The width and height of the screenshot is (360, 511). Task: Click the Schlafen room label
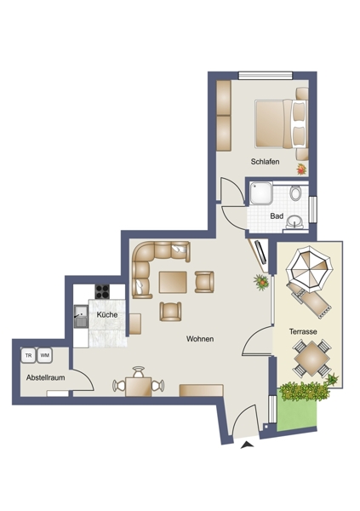pyautogui.click(x=265, y=161)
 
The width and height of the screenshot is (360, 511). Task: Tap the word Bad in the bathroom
pyautogui.click(x=277, y=216)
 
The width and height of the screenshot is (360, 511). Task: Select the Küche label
pyautogui.click(x=107, y=315)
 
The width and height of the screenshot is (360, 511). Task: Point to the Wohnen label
pyautogui.click(x=200, y=339)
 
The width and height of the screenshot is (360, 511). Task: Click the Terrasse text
pyautogui.click(x=303, y=332)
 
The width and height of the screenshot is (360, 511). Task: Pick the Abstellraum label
pyautogui.click(x=46, y=377)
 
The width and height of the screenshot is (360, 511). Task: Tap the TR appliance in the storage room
pyautogui.click(x=29, y=355)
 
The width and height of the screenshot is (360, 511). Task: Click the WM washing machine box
pyautogui.click(x=45, y=355)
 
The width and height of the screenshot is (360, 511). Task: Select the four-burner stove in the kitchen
pyautogui.click(x=102, y=291)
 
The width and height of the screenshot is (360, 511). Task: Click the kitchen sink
pyautogui.click(x=81, y=316)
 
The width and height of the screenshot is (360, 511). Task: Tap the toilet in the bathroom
pyautogui.click(x=296, y=193)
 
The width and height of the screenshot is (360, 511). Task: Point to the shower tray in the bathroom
pyautogui.click(x=261, y=193)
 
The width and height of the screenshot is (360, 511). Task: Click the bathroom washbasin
pyautogui.click(x=294, y=222)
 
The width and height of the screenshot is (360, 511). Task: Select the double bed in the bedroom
pyautogui.click(x=282, y=123)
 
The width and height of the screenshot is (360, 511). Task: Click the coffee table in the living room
pyautogui.click(x=173, y=282)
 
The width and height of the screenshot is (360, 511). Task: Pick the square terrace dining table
pyautogui.click(x=311, y=359)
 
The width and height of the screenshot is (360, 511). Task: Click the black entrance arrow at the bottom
pyautogui.click(x=247, y=445)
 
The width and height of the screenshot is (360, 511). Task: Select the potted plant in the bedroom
pyautogui.click(x=301, y=169)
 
